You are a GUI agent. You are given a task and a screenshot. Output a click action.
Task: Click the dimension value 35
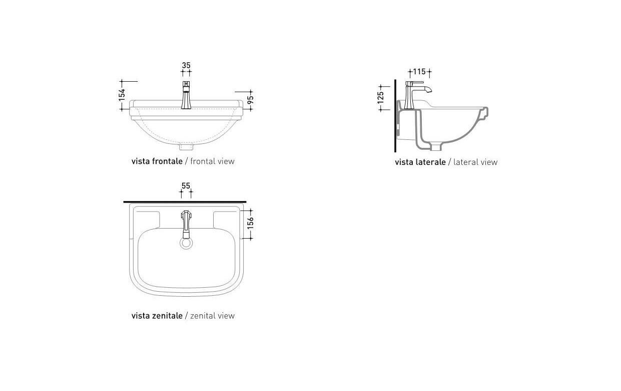click(186, 65)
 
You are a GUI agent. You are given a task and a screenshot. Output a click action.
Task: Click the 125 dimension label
click(381, 97)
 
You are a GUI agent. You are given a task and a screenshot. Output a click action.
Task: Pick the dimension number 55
click(186, 185)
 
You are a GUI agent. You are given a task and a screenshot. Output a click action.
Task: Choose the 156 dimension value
click(251, 223)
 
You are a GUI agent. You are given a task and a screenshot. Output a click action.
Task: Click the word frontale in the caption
click(166, 161)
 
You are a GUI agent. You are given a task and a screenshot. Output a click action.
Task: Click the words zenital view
click(213, 316)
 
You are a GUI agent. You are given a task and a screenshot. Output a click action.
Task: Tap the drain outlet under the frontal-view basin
click(186, 147)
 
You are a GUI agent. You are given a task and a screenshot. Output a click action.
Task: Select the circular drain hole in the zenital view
click(186, 243)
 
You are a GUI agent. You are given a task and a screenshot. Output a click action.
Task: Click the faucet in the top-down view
click(186, 223)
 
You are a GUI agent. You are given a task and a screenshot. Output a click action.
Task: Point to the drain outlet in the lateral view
click(436, 147)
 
